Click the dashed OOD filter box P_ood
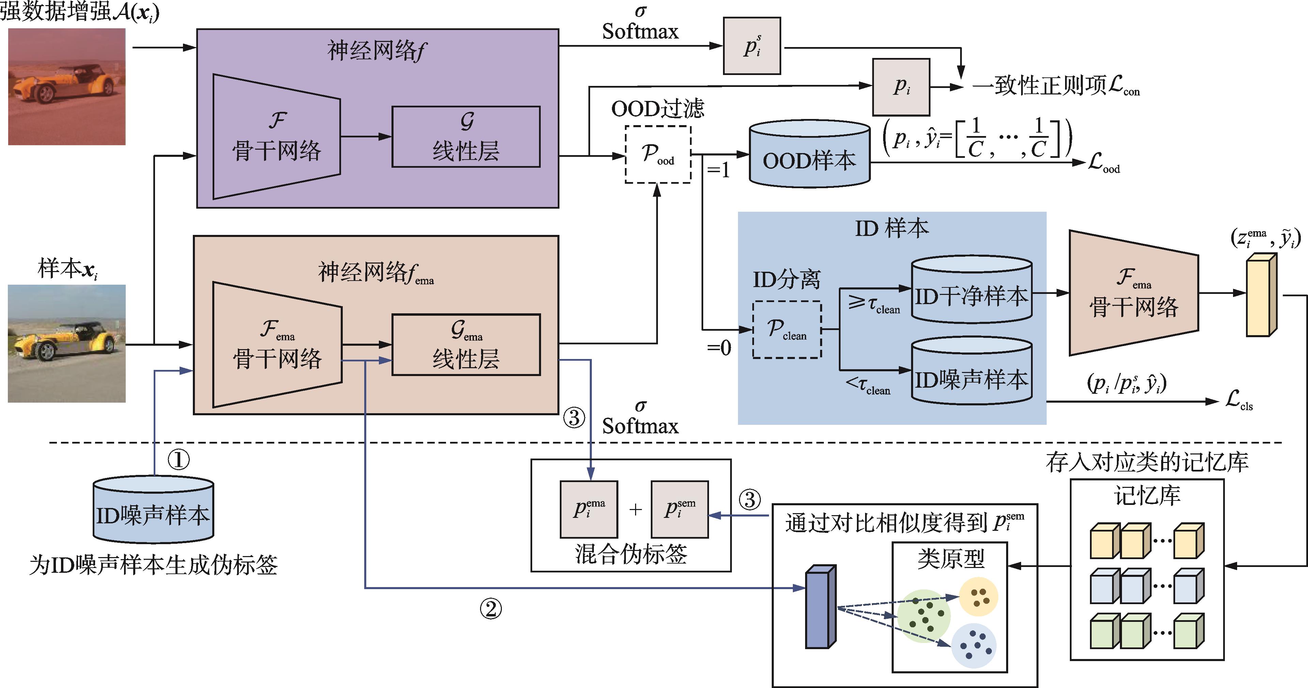click(658, 154)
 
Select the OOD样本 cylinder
click(810, 154)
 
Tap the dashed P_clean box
click(786, 330)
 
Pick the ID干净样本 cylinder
click(971, 290)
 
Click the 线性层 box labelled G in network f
click(466, 137)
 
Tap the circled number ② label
click(491, 609)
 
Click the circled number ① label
click(178, 460)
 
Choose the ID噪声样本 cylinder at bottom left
click(153, 510)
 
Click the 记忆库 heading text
click(1147, 495)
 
